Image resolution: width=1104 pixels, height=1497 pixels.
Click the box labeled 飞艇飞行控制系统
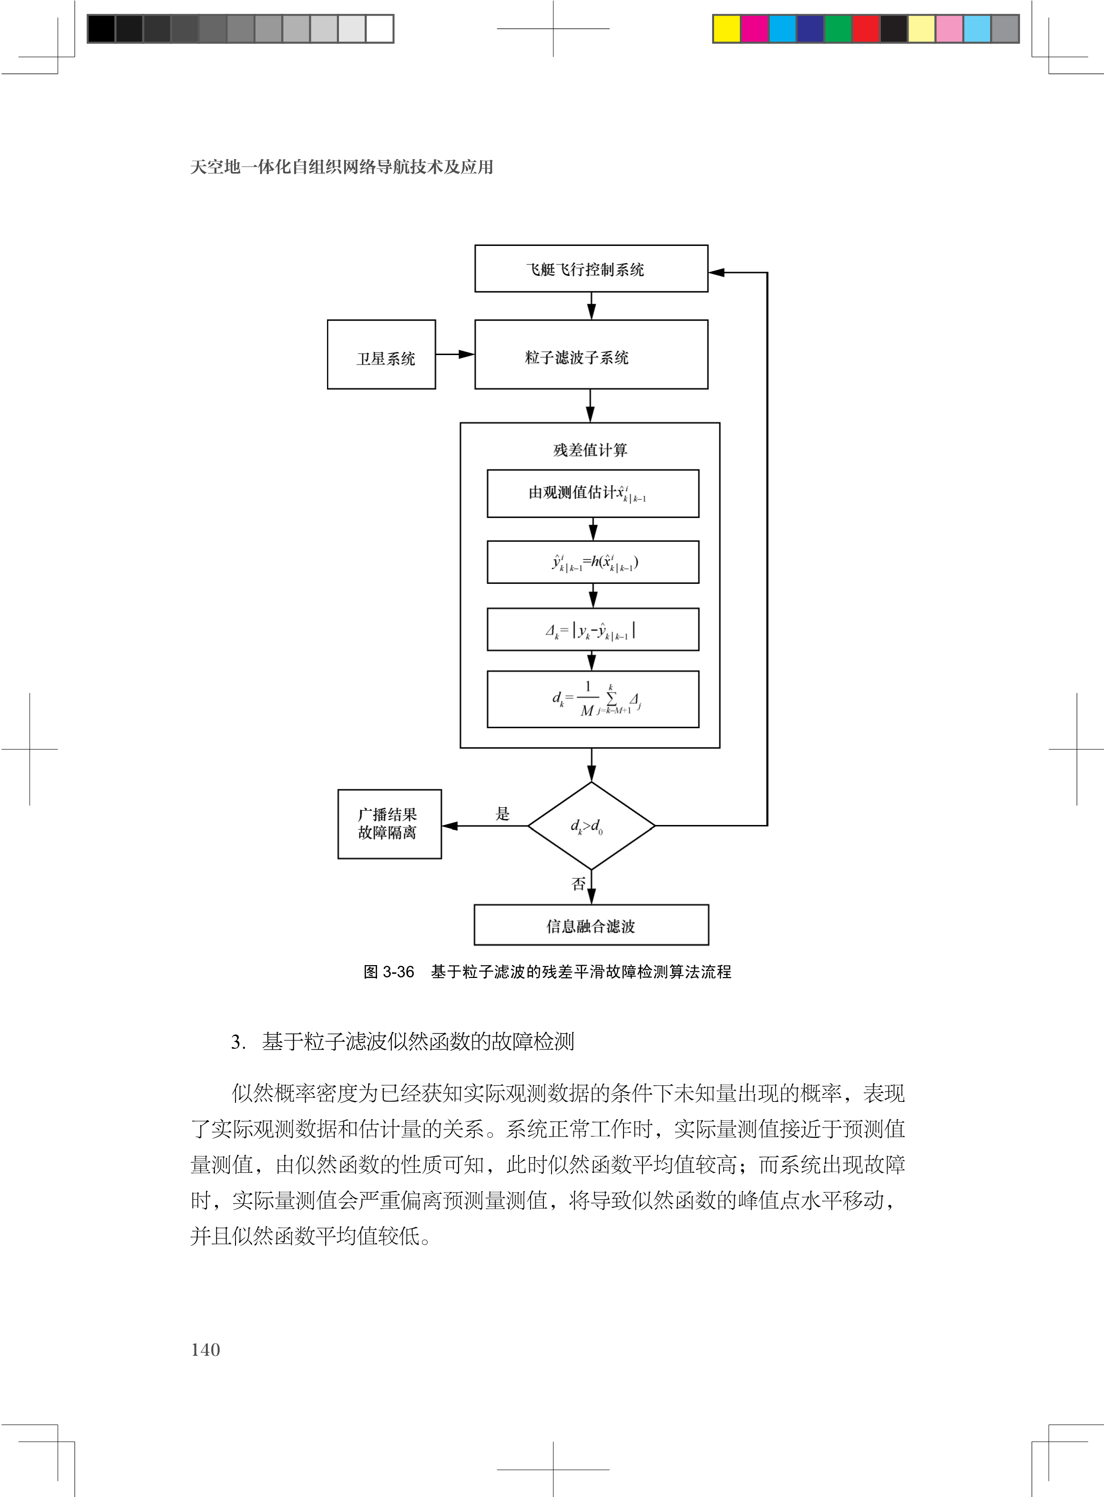591,268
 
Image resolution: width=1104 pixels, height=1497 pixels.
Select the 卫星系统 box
381,355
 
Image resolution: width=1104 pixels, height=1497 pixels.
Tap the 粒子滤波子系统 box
591,355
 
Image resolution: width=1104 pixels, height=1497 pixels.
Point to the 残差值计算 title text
590,450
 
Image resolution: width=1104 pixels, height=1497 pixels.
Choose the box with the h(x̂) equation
593,562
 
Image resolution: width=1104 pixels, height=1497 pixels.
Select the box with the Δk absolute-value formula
593,629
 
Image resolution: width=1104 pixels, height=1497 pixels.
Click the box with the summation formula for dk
593,699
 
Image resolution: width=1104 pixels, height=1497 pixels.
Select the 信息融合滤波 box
591,925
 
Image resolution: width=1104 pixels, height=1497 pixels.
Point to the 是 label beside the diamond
502,814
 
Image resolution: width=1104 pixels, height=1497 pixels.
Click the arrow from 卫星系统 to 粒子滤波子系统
455,355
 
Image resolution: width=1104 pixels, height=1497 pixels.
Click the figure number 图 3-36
388,972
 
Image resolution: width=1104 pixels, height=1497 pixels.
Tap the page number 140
205,1350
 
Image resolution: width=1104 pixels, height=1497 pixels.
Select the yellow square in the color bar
727,29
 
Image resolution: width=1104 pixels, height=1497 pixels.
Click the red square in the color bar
866,29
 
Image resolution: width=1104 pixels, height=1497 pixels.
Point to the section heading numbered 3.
402,1041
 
